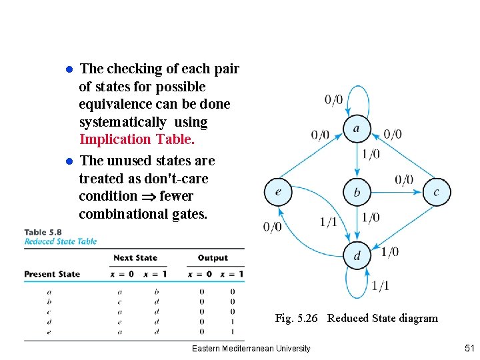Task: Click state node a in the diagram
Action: (357, 129)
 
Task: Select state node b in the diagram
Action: (357, 193)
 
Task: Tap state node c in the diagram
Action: (437, 192)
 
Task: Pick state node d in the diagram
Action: (357, 256)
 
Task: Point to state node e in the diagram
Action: (277, 192)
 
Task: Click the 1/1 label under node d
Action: (380, 286)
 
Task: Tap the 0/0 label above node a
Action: (334, 100)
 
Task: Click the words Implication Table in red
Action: (137, 139)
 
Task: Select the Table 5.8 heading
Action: (45, 232)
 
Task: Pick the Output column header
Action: (213, 258)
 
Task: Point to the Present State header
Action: (52, 274)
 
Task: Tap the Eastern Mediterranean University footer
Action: (251, 349)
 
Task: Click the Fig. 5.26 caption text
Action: (356, 318)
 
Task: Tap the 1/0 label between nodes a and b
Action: (371, 155)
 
